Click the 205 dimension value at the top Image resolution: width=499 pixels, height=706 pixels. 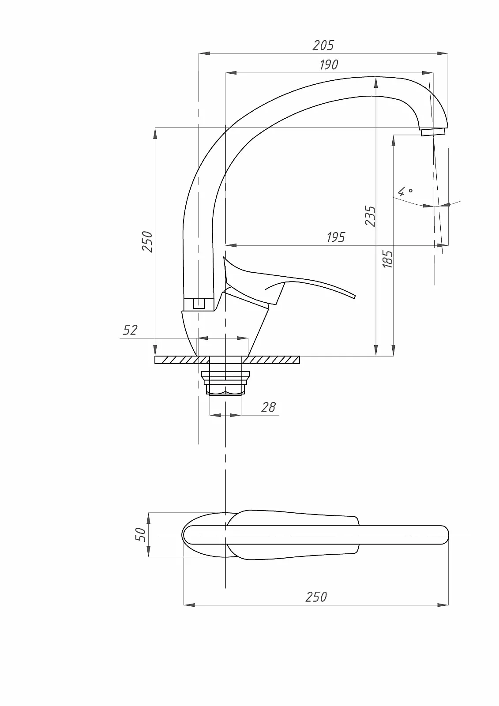[323, 45]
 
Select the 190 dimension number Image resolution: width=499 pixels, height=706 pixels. [329, 64]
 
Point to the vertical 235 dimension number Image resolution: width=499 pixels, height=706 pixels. [370, 216]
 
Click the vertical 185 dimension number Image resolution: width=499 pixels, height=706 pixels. [388, 259]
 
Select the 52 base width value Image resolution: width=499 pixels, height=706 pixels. [130, 330]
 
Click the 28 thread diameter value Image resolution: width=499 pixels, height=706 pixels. [268, 408]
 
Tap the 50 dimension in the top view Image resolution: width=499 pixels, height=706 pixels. [141, 535]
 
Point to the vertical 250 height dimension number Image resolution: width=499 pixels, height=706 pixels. [147, 242]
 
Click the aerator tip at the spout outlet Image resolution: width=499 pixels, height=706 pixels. [434, 132]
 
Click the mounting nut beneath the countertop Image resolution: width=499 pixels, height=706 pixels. [225, 383]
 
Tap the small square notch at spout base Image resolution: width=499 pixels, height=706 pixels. [199, 304]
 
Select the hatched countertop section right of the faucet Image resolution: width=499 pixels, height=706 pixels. [270, 360]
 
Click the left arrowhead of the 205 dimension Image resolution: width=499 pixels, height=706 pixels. [204, 53]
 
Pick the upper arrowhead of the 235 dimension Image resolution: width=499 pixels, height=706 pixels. [376, 83]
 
